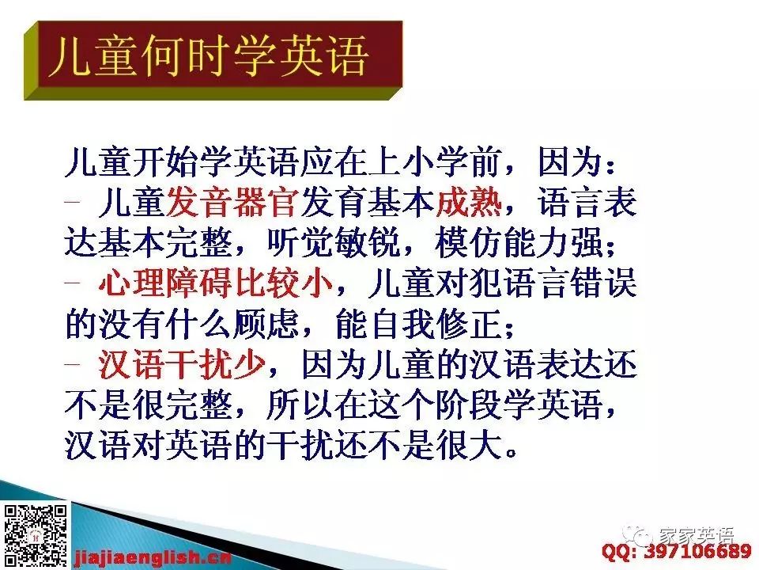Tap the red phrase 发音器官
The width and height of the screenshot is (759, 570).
232,202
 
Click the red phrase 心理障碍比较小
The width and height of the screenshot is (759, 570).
216,283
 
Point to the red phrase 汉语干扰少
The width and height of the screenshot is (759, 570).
182,364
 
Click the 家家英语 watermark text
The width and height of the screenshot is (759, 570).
697,534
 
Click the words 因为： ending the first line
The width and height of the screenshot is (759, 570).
576,161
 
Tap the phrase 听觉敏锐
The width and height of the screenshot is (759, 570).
334,243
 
